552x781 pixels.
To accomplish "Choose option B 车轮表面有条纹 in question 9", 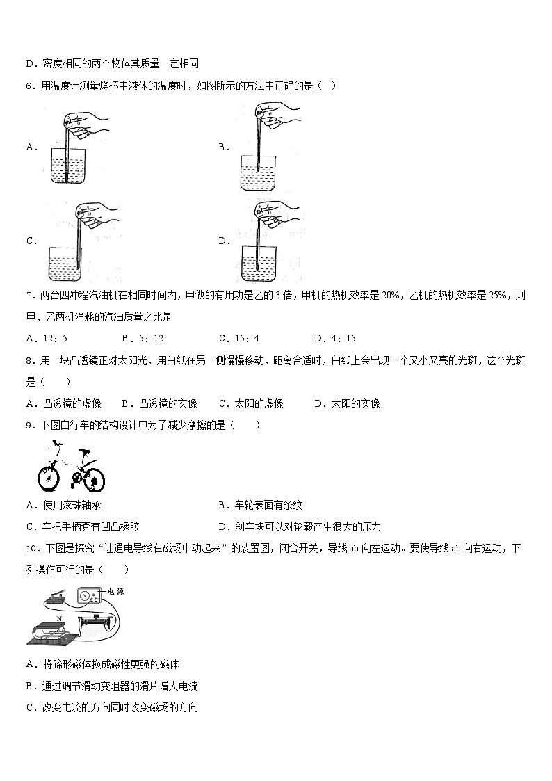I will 268,506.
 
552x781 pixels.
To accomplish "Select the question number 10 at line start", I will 30,549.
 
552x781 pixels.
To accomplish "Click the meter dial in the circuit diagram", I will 86,596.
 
